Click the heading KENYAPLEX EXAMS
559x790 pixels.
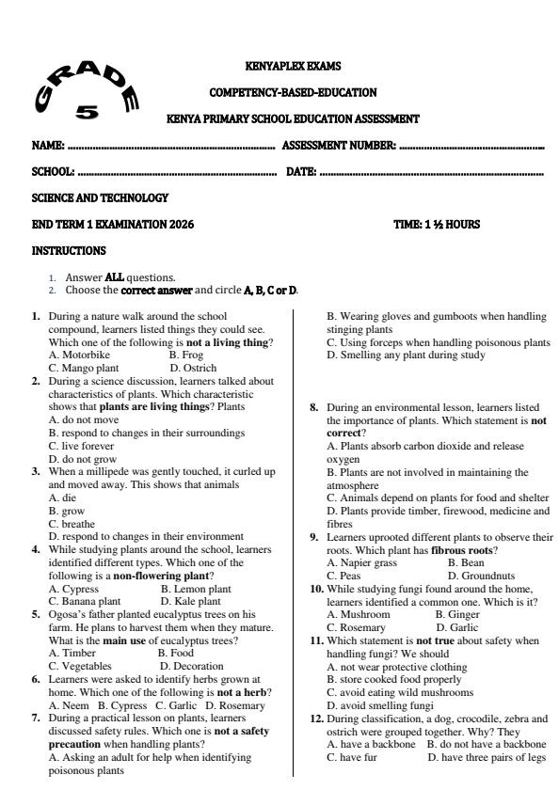pyautogui.click(x=293, y=66)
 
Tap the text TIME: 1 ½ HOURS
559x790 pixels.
pyautogui.click(x=438, y=225)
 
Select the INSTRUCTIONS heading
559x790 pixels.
pyautogui.click(x=69, y=251)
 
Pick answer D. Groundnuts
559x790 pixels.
pyautogui.click(x=483, y=575)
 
